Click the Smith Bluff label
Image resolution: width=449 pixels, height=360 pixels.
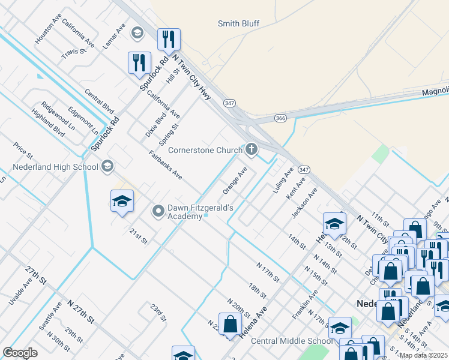click(238, 23)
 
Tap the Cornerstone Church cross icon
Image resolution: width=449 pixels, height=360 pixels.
click(252, 149)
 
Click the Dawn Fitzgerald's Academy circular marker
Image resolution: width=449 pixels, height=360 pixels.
click(158, 211)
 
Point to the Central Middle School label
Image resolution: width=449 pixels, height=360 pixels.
click(291, 341)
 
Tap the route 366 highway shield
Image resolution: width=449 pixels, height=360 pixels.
click(280, 118)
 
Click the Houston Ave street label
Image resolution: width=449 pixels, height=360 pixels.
click(48, 28)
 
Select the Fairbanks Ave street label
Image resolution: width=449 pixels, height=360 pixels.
click(165, 165)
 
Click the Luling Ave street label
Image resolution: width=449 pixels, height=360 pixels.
click(282, 180)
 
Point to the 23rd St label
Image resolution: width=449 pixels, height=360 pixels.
click(157, 312)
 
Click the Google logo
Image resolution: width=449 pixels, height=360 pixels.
click(20, 353)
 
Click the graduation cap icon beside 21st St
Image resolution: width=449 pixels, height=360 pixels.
click(121, 202)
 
